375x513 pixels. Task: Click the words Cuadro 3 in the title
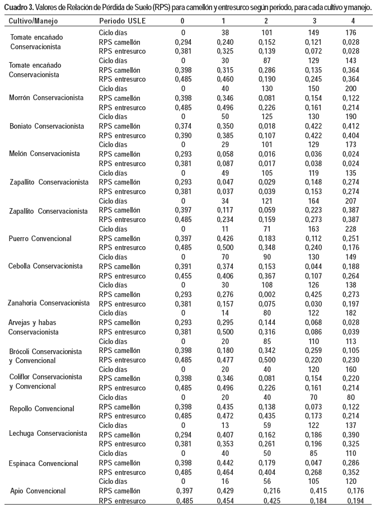pyautogui.click(x=19, y=7)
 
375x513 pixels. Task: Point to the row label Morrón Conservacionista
pyautogui.click(x=46, y=98)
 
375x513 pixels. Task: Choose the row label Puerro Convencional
pyautogui.click(x=40, y=239)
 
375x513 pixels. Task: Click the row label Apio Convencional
pyautogui.click(x=38, y=491)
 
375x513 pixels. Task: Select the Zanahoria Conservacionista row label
pyautogui.click(x=49, y=303)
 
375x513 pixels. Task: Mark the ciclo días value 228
pyautogui.click(x=353, y=229)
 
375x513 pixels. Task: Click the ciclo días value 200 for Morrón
pyautogui.click(x=353, y=88)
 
